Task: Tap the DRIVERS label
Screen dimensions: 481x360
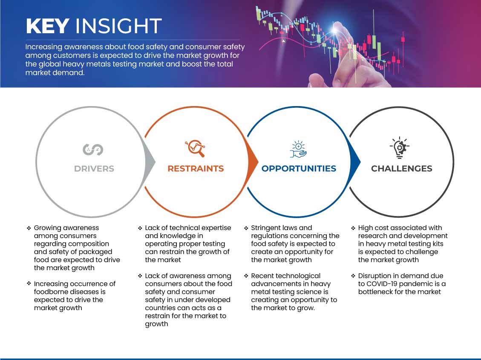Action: pos(94,168)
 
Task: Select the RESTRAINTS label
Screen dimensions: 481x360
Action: pos(196,168)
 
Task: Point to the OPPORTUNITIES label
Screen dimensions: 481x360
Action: pos(299,168)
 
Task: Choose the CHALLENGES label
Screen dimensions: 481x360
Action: pos(402,168)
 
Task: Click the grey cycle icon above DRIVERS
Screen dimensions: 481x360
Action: pos(93,150)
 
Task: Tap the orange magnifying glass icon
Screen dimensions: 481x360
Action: pos(195,148)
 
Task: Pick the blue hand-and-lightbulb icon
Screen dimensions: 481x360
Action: pos(299,149)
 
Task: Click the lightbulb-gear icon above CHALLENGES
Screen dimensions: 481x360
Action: pos(399,147)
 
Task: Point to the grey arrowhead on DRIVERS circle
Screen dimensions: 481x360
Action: pos(150,162)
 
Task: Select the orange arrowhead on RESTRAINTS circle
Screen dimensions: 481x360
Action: pos(253,162)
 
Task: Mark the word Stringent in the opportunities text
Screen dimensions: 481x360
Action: pos(266,228)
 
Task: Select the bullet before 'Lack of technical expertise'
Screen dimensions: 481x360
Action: pos(140,228)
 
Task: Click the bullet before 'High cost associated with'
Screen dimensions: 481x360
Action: pos(353,228)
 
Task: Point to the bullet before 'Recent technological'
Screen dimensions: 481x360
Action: pos(246,276)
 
